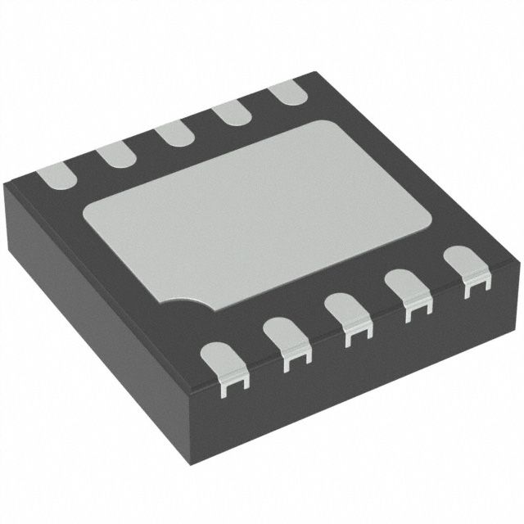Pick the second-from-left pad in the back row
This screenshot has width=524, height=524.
(112, 153)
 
